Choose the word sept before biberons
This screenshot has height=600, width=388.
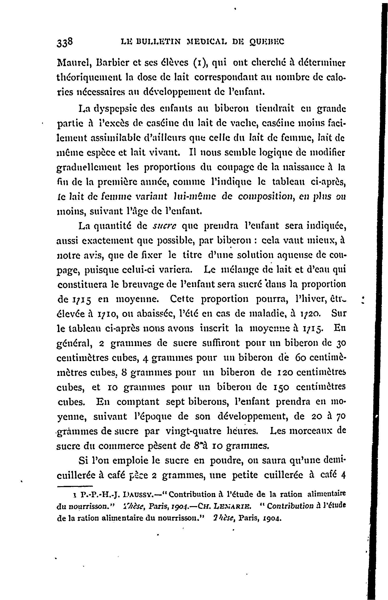174,402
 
